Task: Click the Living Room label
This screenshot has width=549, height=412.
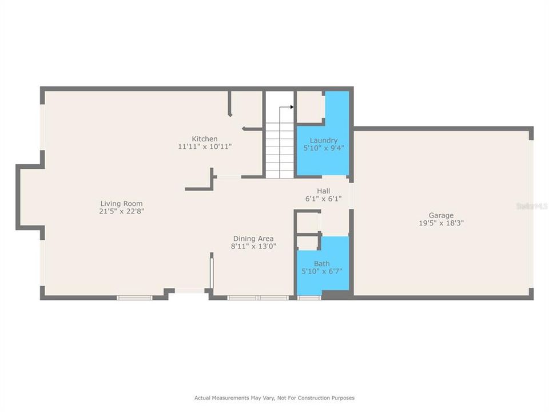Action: point(121,204)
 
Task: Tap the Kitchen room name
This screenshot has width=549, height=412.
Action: point(204,139)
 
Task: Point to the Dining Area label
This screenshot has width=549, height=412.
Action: point(253,239)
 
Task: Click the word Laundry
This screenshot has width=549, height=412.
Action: point(323,140)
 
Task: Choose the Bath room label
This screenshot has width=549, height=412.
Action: point(321,264)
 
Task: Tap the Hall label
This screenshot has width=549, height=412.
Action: point(323,191)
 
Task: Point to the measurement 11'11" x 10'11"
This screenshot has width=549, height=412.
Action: point(204,147)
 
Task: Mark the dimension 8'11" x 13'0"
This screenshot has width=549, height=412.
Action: point(253,247)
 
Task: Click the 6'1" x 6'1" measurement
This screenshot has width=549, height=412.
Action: point(323,199)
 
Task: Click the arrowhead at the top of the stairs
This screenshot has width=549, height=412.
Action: point(292,107)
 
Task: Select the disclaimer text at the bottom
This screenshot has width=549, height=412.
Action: point(274,398)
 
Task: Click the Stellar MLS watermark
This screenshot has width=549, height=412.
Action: point(531,205)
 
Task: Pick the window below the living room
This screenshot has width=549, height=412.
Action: point(134,298)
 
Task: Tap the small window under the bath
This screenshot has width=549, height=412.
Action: point(309,298)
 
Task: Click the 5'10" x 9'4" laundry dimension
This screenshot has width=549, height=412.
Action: point(323,148)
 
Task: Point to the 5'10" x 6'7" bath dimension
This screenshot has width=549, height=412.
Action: point(321,272)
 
